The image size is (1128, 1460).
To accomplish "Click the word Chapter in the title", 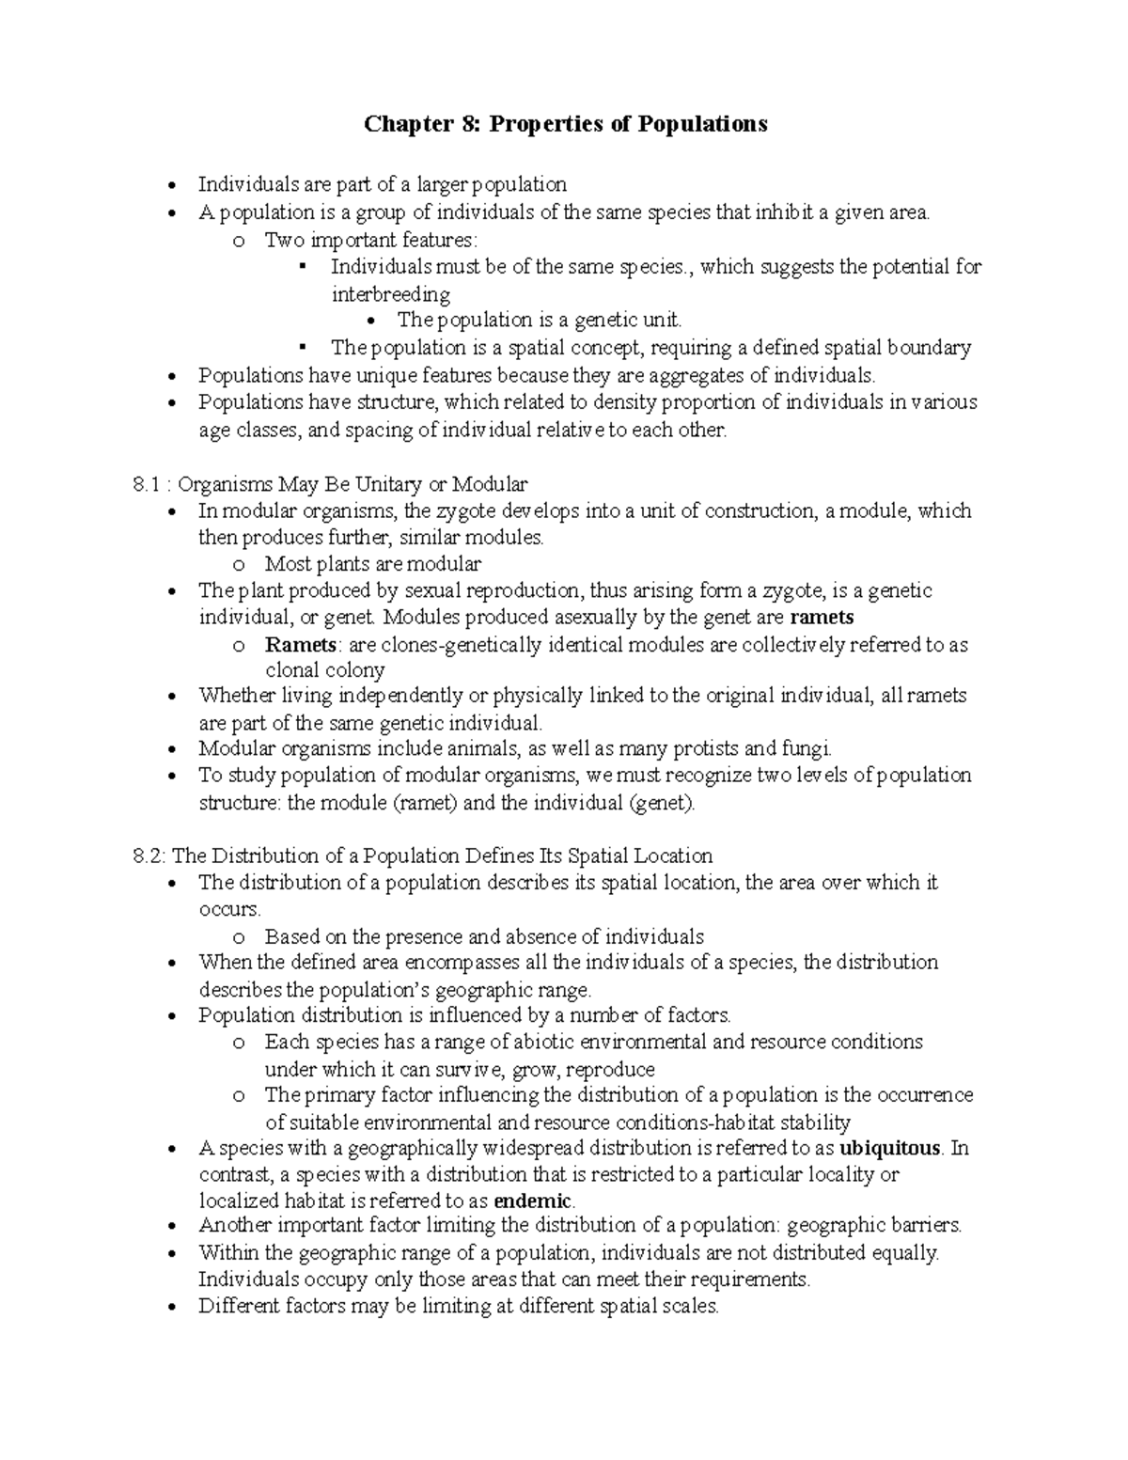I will point(406,124).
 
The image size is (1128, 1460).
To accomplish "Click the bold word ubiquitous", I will point(889,1149).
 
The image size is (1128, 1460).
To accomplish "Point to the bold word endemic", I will point(533,1201).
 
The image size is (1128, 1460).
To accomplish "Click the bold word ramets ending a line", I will point(822,618).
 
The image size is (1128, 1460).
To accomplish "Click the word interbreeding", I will point(390,294).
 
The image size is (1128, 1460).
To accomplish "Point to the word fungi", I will point(807,749).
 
